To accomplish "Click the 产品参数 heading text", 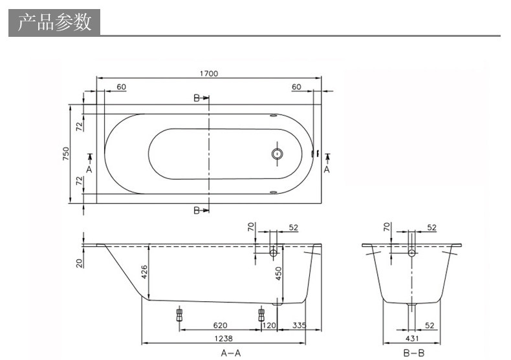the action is tap(54, 22).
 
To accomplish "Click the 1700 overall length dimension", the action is tap(209, 74).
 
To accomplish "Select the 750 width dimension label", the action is tap(66, 154).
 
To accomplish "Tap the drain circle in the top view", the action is tap(277, 154).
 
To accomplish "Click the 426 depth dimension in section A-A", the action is tap(144, 272).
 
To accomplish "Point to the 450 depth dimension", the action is tap(278, 273).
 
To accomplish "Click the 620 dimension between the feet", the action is tap(221, 325).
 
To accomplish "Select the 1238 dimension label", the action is tap(224, 339).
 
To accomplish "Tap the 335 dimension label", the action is tap(299, 325).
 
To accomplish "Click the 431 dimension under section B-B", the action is tap(412, 339).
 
